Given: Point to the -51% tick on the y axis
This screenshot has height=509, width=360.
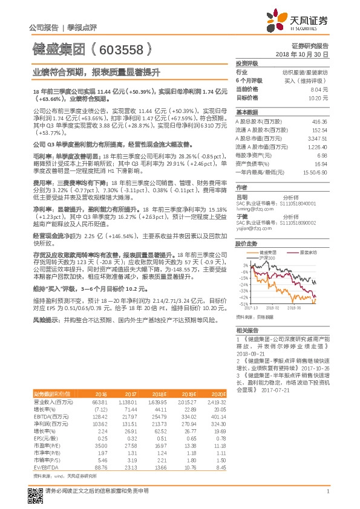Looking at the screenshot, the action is click(x=243, y=304).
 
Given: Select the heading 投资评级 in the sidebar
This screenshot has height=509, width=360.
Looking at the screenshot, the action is click(x=247, y=63).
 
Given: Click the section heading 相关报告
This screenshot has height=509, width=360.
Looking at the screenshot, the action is click(x=247, y=330).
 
